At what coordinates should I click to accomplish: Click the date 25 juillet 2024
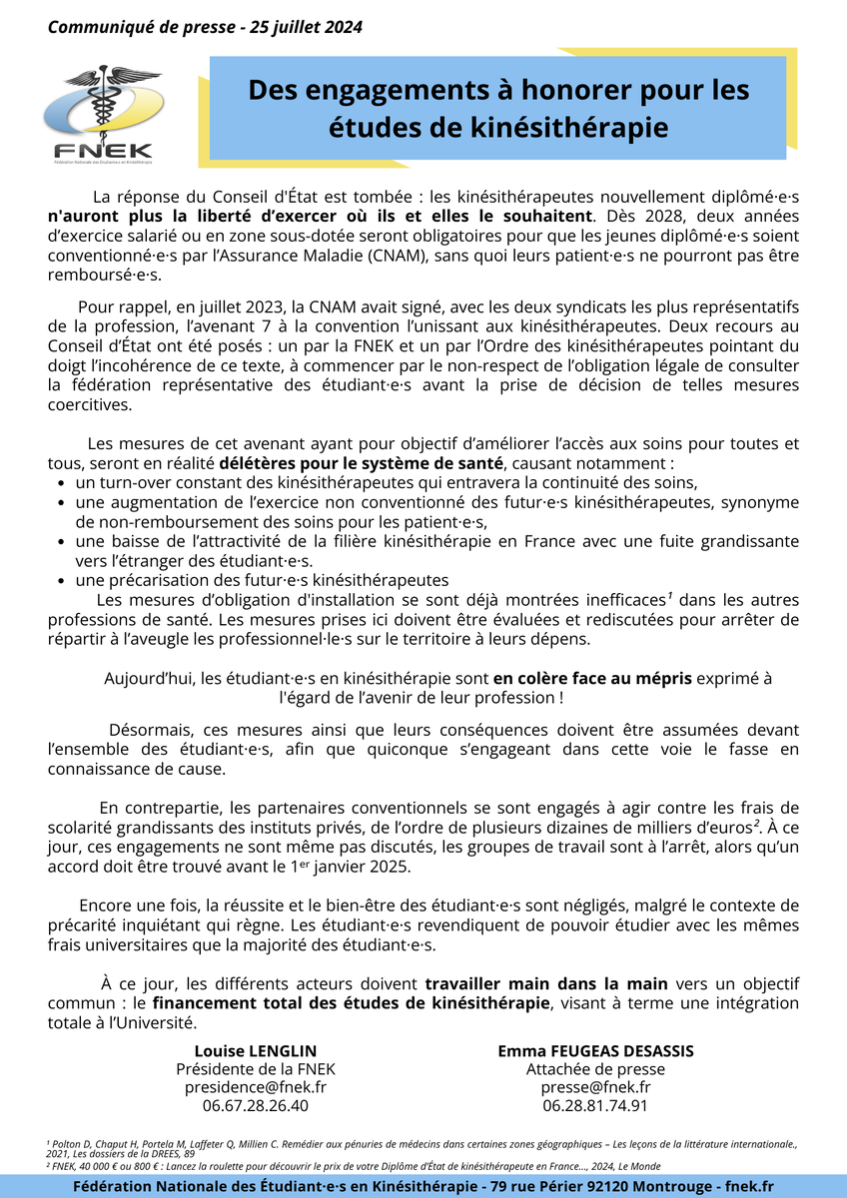[x=302, y=27]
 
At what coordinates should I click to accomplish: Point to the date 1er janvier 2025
[x=350, y=867]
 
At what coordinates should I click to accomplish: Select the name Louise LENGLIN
[x=256, y=1051]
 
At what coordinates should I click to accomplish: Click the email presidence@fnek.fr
[x=256, y=1087]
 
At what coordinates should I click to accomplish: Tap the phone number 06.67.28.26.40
[x=256, y=1105]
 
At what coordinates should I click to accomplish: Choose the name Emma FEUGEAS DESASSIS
[x=595, y=1051]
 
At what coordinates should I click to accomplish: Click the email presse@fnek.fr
[x=595, y=1087]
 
